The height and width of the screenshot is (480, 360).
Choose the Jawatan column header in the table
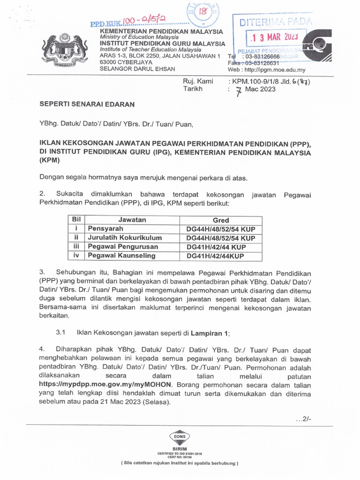132,220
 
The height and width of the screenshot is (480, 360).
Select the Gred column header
221,220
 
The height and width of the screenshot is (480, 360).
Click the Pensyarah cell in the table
105,229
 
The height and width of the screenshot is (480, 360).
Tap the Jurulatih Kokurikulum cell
125,238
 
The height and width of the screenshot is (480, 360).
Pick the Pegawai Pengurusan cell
123,247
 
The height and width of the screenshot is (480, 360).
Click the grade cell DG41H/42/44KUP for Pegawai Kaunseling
215,256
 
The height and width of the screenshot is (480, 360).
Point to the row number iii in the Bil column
75,247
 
